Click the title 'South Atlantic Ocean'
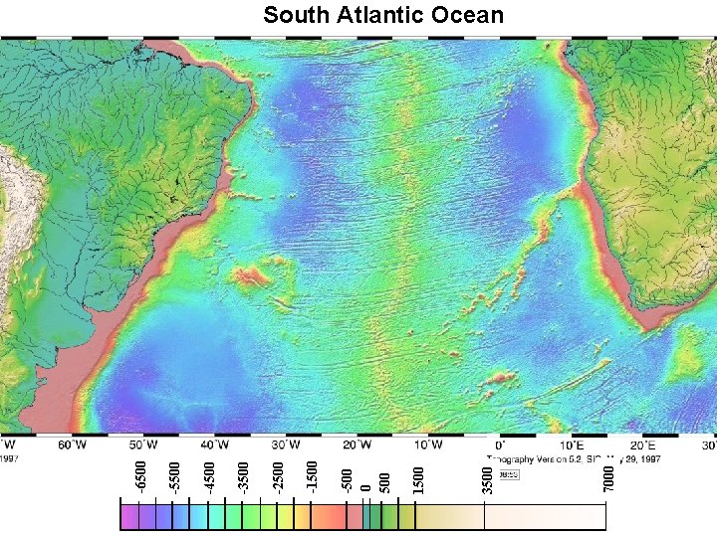coord(383,15)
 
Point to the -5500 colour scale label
coord(175,473)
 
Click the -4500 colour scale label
coord(209,473)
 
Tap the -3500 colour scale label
coord(244,473)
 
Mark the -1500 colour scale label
coord(312,473)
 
